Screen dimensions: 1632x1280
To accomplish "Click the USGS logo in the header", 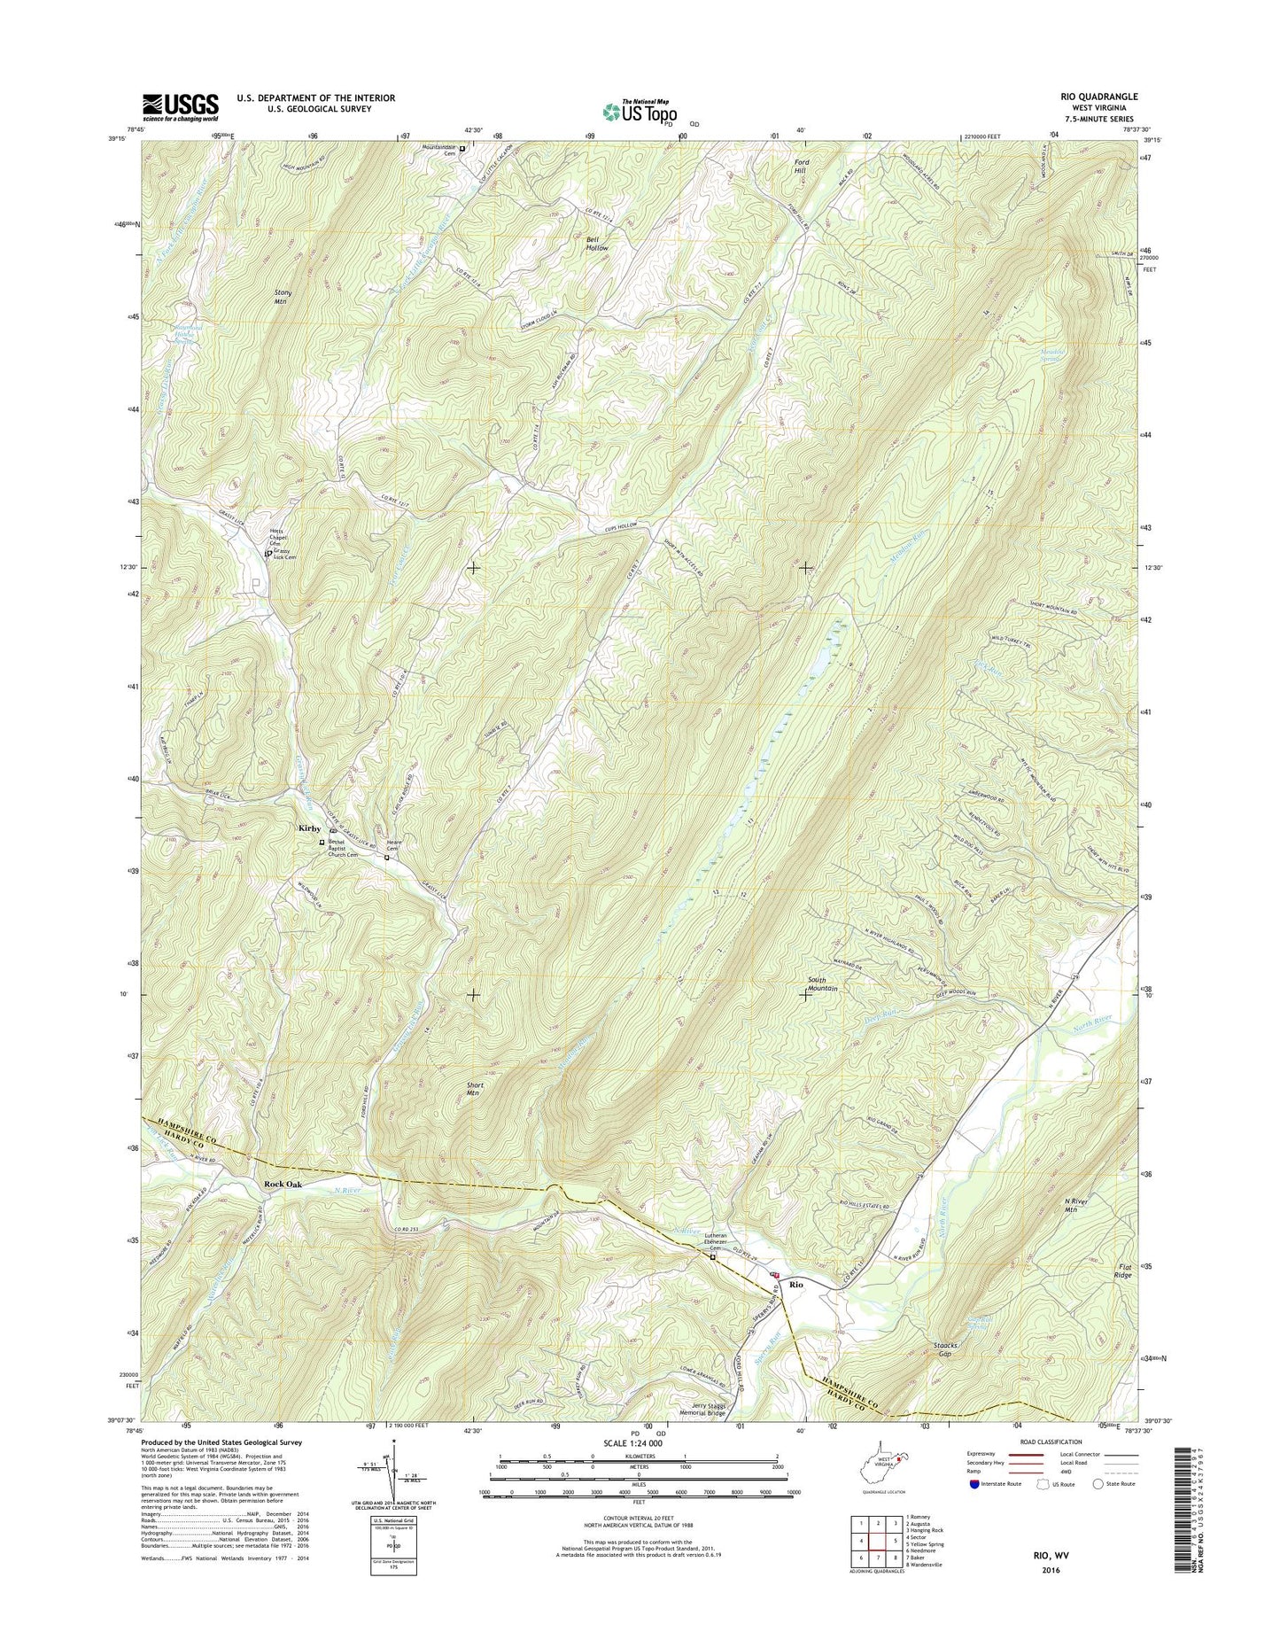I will pyautogui.click(x=180, y=106).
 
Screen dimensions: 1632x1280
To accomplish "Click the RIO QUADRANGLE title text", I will pyautogui.click(x=1092, y=97).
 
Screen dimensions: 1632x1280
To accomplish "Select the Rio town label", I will pyautogui.click(x=796, y=1284).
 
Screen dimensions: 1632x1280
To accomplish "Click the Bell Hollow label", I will pyautogui.click(x=597, y=245).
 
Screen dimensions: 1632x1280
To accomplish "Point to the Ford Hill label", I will pyautogui.click(x=802, y=167).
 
